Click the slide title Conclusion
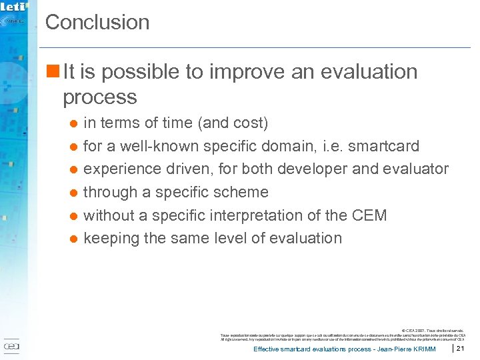pyautogui.click(x=97, y=22)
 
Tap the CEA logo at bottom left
pyautogui.click(x=12, y=347)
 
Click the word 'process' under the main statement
pyautogui.click(x=99, y=97)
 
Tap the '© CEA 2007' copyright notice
pyautogui.click(x=419, y=329)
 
